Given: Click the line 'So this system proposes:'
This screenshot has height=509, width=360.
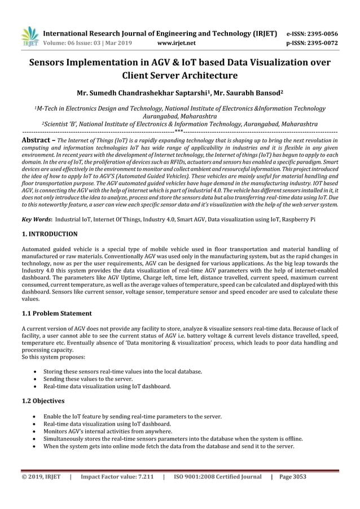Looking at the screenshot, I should pyautogui.click(x=53, y=357).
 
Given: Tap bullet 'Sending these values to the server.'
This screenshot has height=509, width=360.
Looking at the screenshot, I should pyautogui.click(x=91, y=379).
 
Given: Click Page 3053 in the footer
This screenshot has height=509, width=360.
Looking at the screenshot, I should pyautogui.click(x=293, y=476).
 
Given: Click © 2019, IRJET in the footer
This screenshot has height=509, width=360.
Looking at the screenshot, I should pyautogui.click(x=41, y=476).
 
